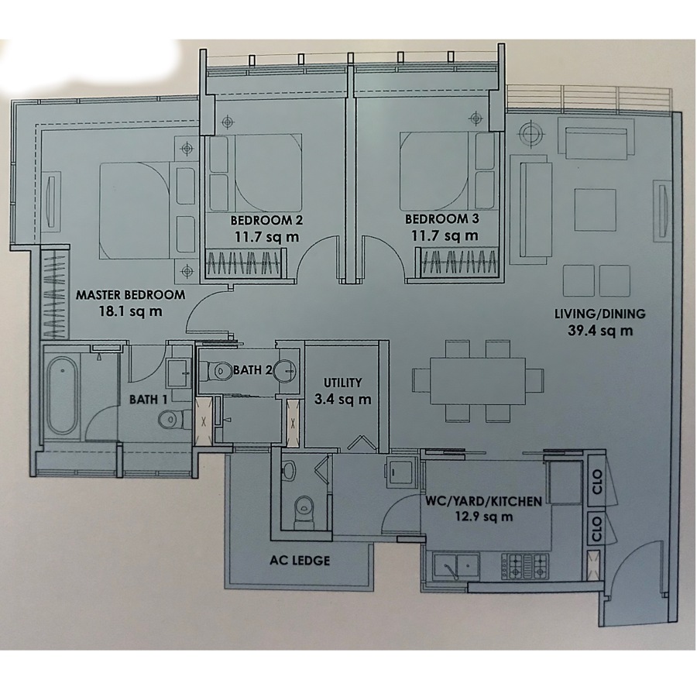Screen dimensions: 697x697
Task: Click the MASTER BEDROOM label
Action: (130, 295)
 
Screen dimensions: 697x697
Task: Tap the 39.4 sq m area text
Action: (600, 331)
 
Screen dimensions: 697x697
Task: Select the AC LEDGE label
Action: (300, 561)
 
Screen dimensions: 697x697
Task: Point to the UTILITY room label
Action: (342, 383)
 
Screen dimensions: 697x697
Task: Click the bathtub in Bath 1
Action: (62, 397)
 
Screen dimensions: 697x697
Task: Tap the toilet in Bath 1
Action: (170, 418)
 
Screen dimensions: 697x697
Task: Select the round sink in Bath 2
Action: (284, 370)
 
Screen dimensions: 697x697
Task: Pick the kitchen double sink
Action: (456, 566)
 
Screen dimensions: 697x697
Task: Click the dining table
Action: (477, 380)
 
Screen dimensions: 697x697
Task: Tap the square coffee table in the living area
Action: (595, 209)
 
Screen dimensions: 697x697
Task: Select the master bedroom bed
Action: (136, 211)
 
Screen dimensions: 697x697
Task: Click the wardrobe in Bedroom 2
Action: (245, 263)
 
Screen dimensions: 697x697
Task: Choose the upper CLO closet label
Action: (597, 482)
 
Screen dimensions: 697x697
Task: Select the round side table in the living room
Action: (530, 133)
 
